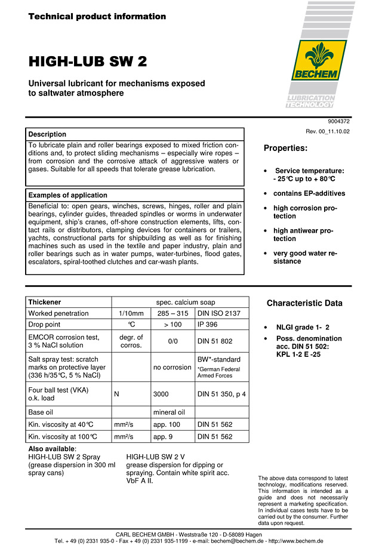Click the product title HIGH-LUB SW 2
tap(88, 62)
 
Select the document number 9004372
tap(337, 121)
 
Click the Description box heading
tap(47, 134)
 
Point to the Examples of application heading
tap(67, 195)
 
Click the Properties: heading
tap(285, 148)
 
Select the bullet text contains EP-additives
tap(309, 193)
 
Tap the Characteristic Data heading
tap(304, 303)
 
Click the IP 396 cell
tap(208, 325)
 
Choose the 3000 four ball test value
tap(162, 394)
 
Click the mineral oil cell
tap(169, 412)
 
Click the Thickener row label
tap(45, 302)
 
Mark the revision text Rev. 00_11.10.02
tap(328, 131)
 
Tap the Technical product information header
tap(97, 17)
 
